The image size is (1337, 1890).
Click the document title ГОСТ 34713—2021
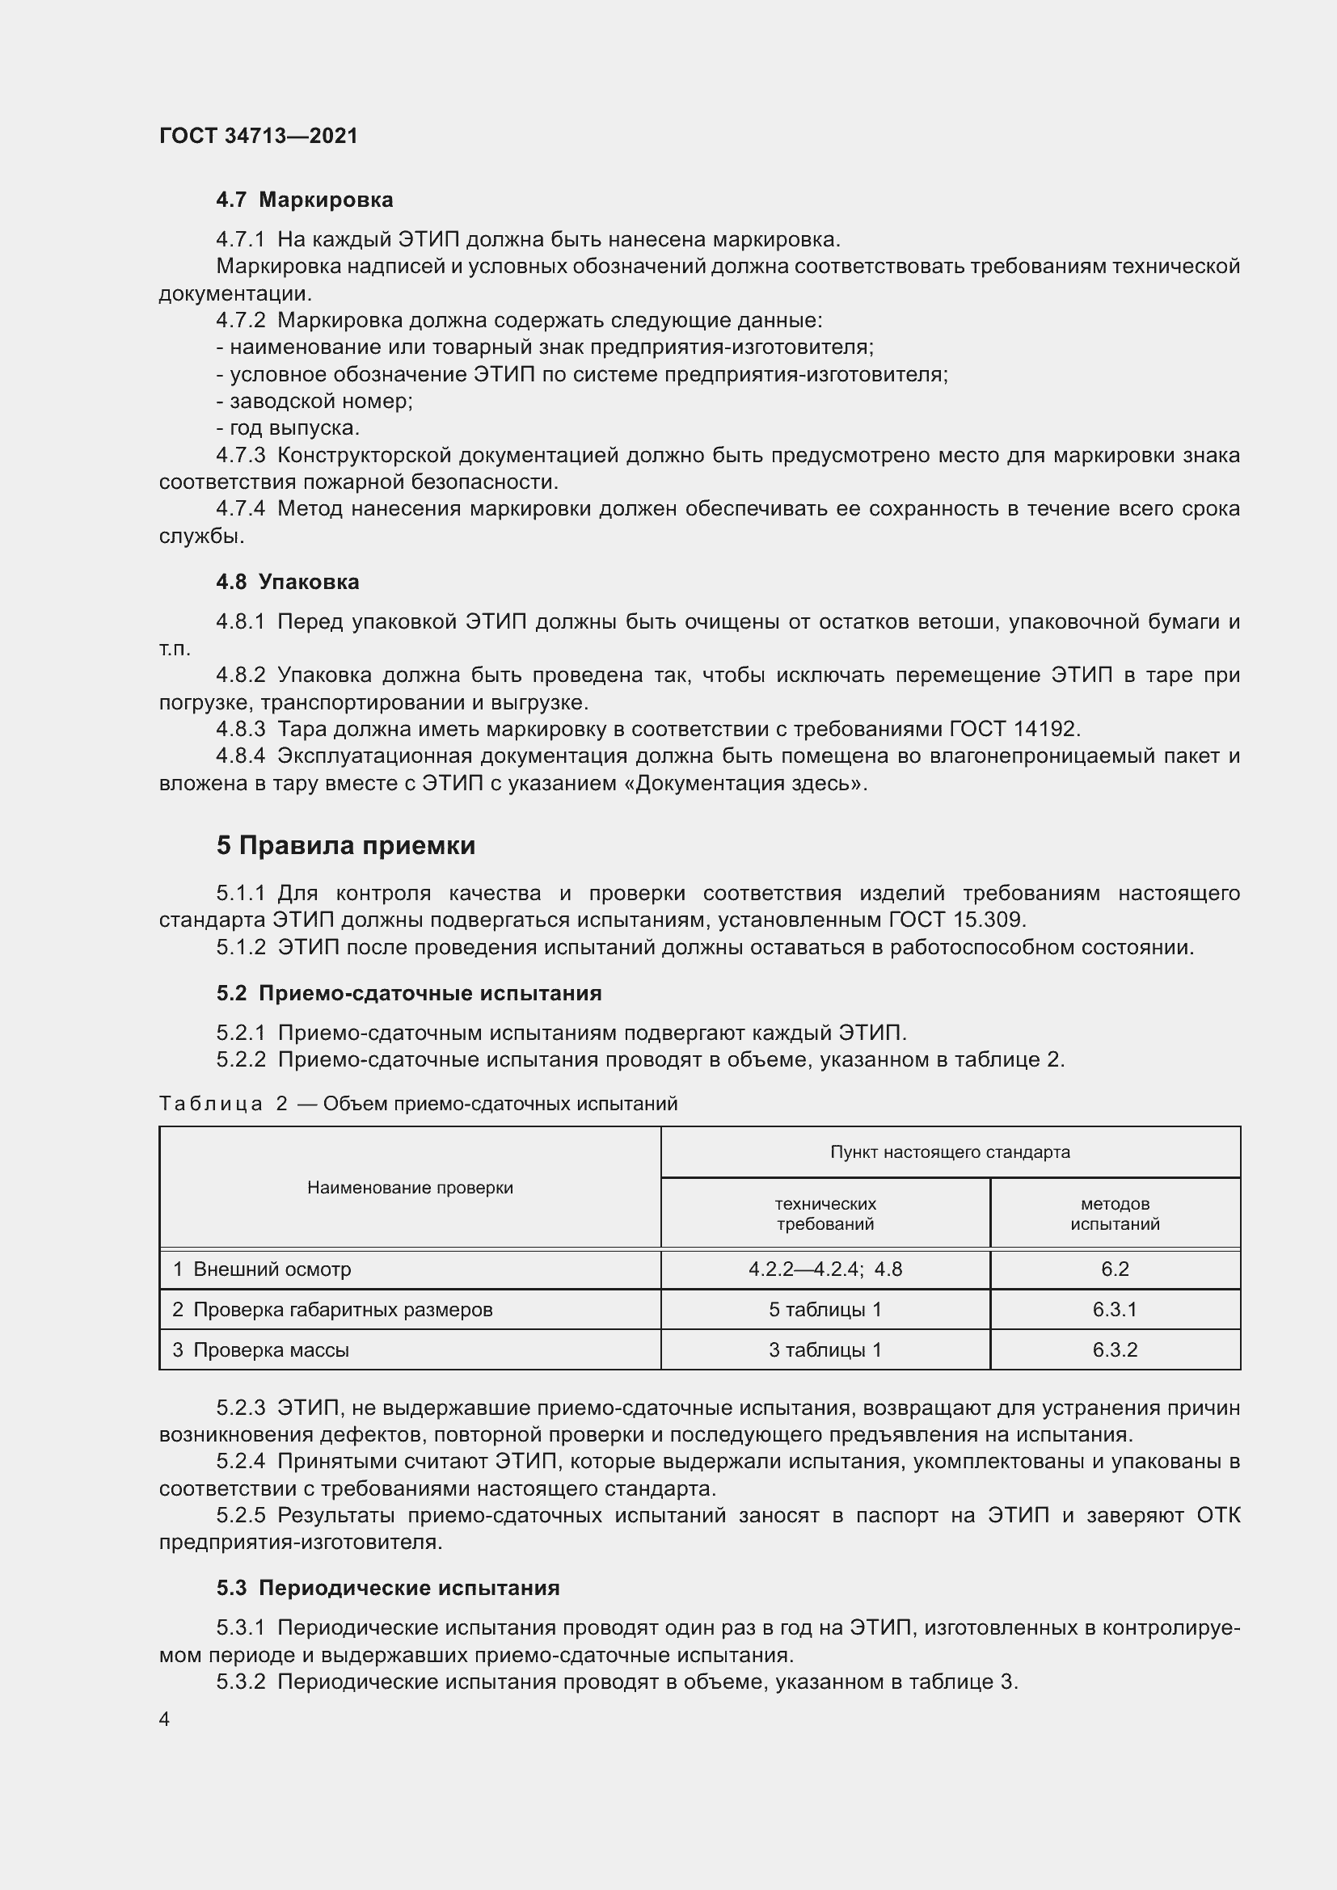[x=259, y=136]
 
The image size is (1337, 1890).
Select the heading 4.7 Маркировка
[x=305, y=200]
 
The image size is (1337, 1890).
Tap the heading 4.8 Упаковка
[x=287, y=582]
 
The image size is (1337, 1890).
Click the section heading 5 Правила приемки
[x=346, y=845]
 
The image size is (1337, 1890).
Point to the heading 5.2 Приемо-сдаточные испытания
[x=409, y=993]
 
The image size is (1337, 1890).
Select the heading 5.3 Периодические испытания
[x=388, y=1588]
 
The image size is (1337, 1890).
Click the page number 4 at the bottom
[x=165, y=1719]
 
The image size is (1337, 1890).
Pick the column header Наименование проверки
[x=410, y=1187]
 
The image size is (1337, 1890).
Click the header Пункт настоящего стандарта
[x=950, y=1151]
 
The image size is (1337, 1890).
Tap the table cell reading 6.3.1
[x=1115, y=1309]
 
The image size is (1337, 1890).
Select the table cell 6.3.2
[x=1115, y=1349]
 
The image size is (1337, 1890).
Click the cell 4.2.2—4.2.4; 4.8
[x=825, y=1269]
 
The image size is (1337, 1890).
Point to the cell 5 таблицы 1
[x=825, y=1309]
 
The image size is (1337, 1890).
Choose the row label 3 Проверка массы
[x=261, y=1349]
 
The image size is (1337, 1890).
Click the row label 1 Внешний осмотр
[x=262, y=1269]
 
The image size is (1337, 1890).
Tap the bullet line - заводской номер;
[x=314, y=401]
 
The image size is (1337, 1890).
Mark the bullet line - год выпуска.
[x=288, y=428]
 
